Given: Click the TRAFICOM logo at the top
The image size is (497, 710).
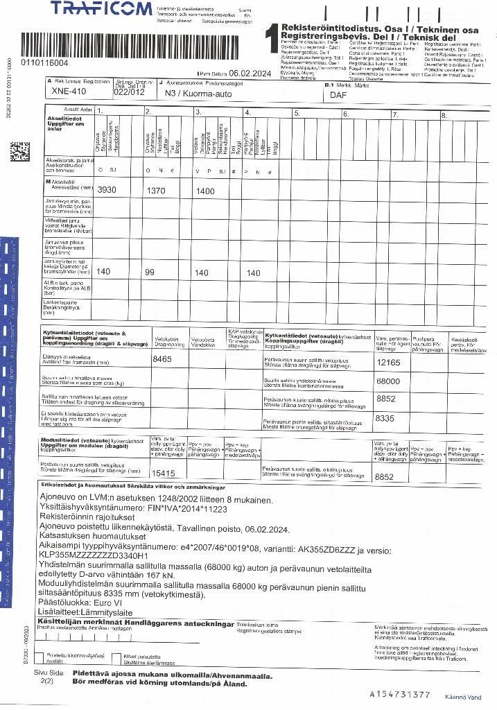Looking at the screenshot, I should coord(101,8).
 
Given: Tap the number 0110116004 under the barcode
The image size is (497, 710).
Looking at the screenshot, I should coord(44,64).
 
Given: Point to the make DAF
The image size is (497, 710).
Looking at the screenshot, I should coord(338,95).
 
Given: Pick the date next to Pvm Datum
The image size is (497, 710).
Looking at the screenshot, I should coord(254,72).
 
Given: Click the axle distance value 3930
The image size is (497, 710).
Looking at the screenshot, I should coord(107,190).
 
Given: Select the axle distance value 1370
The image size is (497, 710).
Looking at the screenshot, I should coord(158,190).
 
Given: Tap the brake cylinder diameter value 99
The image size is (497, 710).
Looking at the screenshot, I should coord(150,272).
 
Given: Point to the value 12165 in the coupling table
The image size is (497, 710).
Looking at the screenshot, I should coord(389,361).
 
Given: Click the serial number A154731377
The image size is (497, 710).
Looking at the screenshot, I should coord(400,693).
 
